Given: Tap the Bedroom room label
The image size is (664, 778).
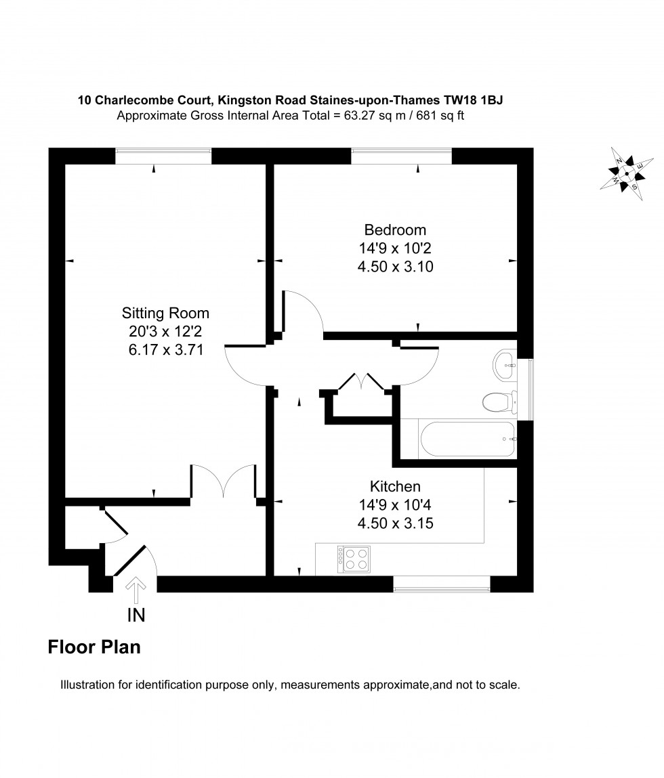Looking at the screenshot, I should coord(395,230).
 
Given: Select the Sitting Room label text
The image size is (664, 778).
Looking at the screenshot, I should coord(165,313).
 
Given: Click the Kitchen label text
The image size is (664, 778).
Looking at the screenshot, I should coord(395,486).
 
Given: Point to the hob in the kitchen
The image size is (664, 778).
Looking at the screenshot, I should coord(354,558).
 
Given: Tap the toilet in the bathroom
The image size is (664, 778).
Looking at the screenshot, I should coord(497,402).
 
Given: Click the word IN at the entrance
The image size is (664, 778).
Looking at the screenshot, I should coord(136,615).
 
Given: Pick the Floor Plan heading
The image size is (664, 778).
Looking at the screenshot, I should coord(94,647).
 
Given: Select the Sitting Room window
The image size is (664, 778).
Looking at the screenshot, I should coord(163,156).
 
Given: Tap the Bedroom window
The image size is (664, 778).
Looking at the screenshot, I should coord(401,156).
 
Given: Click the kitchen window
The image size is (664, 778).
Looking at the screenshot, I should coord(442,584).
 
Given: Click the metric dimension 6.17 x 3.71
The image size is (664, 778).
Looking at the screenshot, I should coord(165,350).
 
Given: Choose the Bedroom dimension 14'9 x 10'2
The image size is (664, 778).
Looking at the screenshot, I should coord(395,248).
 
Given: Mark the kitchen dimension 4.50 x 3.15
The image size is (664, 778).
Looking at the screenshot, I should coord(395,523).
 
